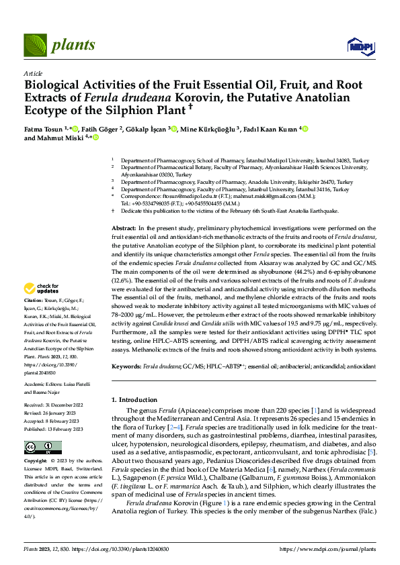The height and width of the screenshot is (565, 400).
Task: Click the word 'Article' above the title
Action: [33, 74]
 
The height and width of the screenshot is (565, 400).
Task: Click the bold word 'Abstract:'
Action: [124, 229]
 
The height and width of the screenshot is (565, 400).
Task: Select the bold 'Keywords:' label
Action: [126, 367]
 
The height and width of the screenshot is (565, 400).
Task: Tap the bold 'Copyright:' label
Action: [35, 462]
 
